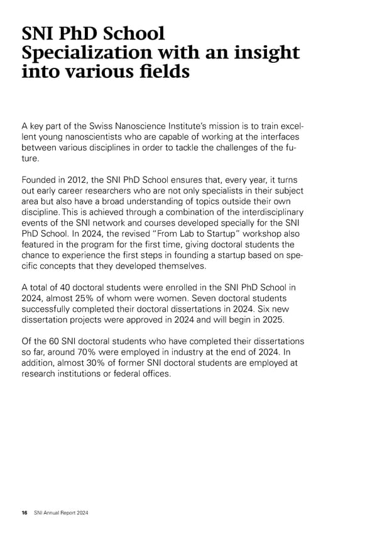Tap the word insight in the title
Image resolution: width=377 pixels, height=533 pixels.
click(263, 53)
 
